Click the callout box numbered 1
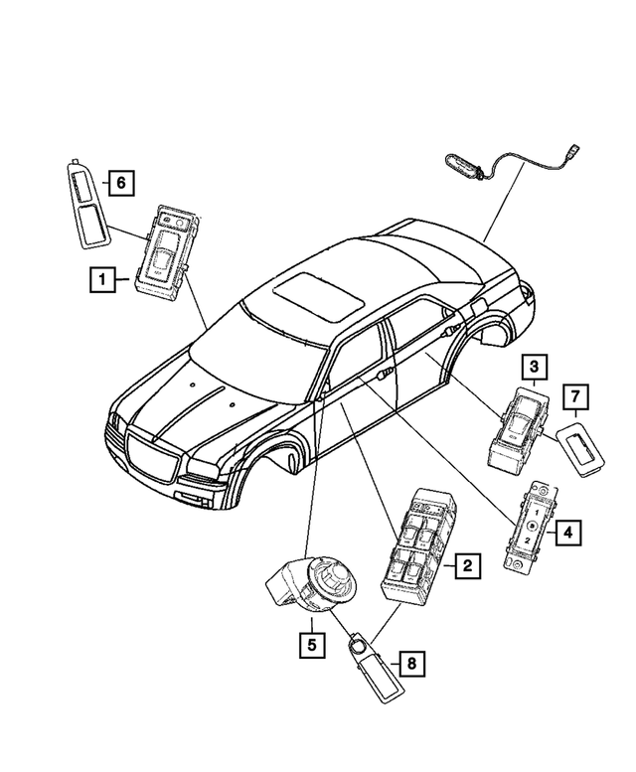click(x=102, y=279)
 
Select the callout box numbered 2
click(x=467, y=565)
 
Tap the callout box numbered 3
click(x=534, y=367)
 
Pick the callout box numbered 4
click(x=568, y=533)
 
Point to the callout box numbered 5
click(x=312, y=645)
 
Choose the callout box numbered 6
click(x=121, y=183)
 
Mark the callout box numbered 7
click(x=575, y=396)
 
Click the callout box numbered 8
click(x=411, y=663)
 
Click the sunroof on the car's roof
click(x=318, y=297)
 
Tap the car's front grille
click(x=153, y=457)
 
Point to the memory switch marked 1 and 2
click(x=530, y=528)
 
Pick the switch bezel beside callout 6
click(x=87, y=206)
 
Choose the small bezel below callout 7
click(x=581, y=448)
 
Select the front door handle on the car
click(x=385, y=375)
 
